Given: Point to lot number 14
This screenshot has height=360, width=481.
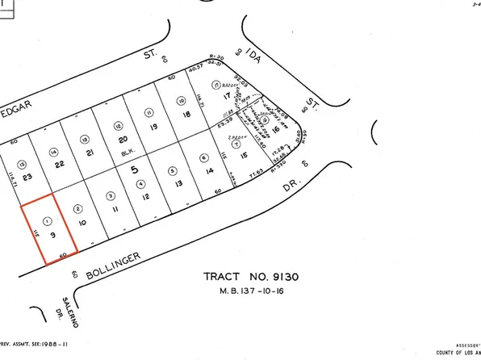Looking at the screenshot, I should click(x=208, y=172).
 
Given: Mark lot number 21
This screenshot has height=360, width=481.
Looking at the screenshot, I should click(x=91, y=153).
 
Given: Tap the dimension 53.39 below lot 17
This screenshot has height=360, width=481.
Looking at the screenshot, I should click(x=227, y=119).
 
